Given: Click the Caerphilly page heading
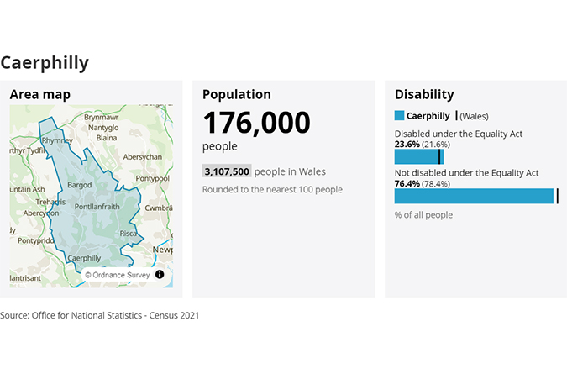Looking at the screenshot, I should [45, 62].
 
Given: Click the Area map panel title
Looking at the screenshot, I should [40, 95].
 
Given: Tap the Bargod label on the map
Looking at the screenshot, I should [79, 183].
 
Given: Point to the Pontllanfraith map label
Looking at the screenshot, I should [103, 206].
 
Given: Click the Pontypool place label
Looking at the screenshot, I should [153, 178].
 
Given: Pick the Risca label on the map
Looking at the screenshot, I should [129, 233].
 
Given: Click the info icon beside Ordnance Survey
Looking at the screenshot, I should [160, 274].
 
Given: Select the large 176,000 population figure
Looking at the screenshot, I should [256, 124].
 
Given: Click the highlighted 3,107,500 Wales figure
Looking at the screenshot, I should [227, 171].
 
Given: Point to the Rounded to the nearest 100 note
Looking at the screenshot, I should [272, 189].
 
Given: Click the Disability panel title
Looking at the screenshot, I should [424, 95].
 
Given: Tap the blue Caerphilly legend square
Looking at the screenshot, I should [399, 116].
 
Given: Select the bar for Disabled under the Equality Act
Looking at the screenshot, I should [417, 157].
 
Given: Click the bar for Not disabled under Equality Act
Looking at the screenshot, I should [474, 196].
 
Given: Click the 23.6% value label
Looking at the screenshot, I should [407, 144].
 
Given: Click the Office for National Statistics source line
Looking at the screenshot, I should [100, 315].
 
